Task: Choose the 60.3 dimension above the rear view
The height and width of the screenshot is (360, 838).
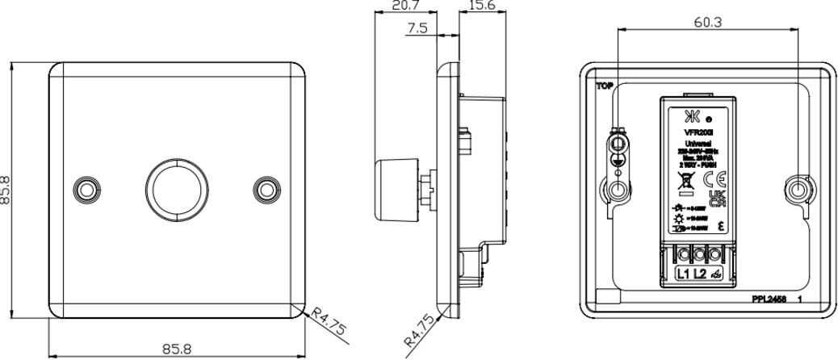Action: point(707,22)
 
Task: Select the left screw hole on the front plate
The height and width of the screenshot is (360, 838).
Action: point(84,188)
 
